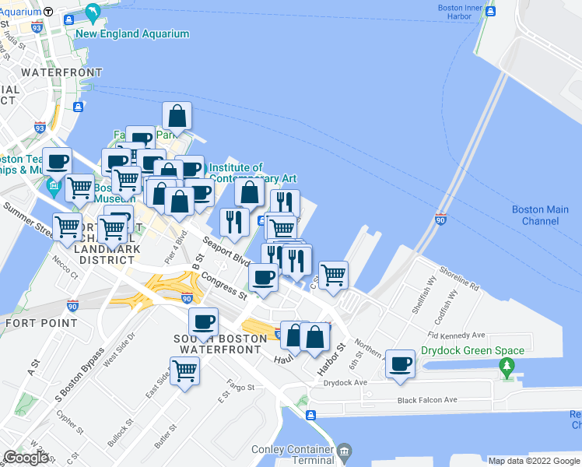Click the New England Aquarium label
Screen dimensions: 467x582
pos(132,33)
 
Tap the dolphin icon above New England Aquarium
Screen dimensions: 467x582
pos(93,13)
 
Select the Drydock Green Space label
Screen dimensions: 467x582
pos(472,350)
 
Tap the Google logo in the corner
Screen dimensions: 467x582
pos(26,458)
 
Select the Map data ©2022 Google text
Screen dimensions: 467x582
pos(535,461)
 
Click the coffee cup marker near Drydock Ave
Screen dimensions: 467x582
pos(401,363)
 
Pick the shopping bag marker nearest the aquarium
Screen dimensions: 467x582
pos(177,117)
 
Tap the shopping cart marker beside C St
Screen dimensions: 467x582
pos(333,274)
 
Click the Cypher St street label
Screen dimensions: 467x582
pos(69,423)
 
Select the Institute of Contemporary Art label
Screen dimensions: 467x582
pos(253,173)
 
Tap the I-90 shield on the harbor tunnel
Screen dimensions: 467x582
pos(440,220)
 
